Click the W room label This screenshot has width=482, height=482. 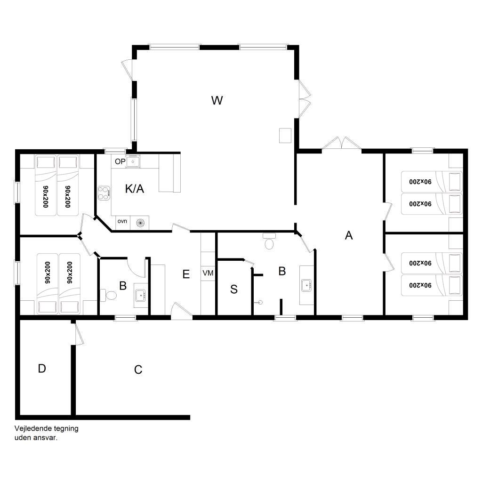[217, 100]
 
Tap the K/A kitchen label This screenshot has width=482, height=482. [135, 188]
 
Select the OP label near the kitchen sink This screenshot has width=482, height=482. [120, 161]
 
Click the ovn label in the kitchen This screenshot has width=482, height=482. [122, 221]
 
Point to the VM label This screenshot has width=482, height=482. [208, 273]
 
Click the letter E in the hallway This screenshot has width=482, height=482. [186, 274]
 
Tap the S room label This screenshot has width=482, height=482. [234, 289]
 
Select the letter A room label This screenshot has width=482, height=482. [349, 235]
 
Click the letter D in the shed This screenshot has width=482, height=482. [42, 368]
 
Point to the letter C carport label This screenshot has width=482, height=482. [138, 370]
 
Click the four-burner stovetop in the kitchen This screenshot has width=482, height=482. [104, 193]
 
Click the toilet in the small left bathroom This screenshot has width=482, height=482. [109, 296]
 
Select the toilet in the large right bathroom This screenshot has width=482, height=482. [269, 241]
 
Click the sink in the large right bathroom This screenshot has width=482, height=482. [306, 285]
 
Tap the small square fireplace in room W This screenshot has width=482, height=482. [285, 136]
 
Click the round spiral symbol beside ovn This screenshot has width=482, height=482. [140, 223]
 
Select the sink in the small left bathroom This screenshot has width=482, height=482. [141, 296]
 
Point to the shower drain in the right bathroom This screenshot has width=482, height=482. [260, 303]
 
